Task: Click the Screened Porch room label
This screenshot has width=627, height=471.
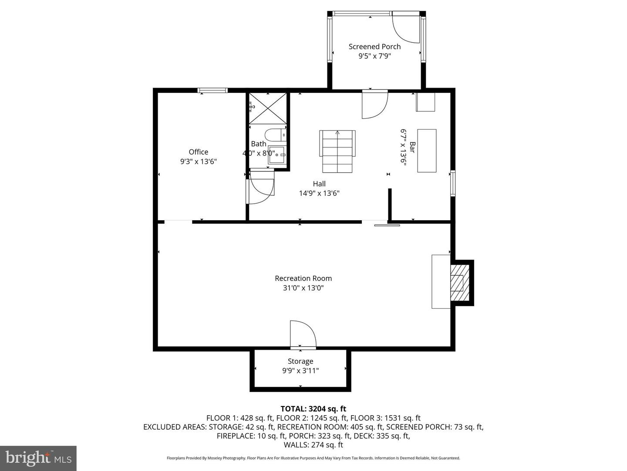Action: click(x=374, y=47)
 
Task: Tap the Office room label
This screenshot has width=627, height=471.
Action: click(x=198, y=152)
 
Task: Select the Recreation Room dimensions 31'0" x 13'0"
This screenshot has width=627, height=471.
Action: click(x=303, y=288)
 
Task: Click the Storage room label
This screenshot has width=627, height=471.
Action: click(x=300, y=361)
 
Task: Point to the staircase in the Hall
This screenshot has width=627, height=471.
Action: click(x=337, y=151)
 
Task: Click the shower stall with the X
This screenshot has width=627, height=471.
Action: click(x=268, y=108)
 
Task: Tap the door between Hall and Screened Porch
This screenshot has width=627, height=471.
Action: click(x=374, y=105)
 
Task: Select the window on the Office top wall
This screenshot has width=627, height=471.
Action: click(x=212, y=91)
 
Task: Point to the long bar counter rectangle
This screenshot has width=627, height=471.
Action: click(x=427, y=150)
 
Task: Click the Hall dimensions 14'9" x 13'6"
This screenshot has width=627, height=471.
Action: click(x=319, y=193)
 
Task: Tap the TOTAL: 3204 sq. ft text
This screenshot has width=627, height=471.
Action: click(x=313, y=409)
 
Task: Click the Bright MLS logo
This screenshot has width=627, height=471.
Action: click(x=38, y=458)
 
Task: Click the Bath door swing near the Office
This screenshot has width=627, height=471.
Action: click(x=261, y=188)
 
